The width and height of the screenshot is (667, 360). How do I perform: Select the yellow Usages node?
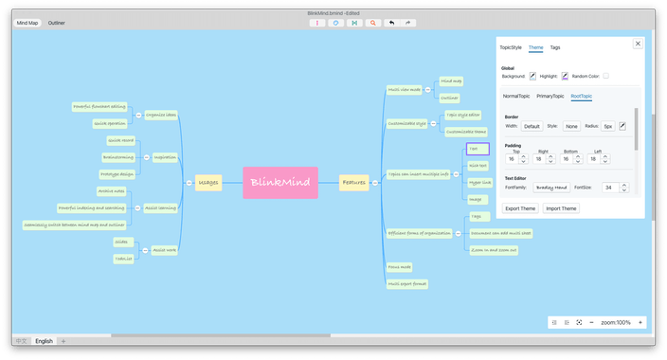pyautogui.click(x=208, y=182)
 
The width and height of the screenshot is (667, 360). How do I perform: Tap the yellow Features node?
pyautogui.click(x=353, y=182)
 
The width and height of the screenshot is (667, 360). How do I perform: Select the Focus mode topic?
pyautogui.click(x=400, y=268)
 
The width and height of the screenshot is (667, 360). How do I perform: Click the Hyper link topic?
pyautogui.click(x=480, y=182)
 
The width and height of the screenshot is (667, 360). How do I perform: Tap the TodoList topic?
pyautogui.click(x=123, y=258)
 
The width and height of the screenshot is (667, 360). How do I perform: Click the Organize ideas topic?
pyautogui.click(x=161, y=115)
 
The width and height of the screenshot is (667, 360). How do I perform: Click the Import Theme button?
pyautogui.click(x=561, y=208)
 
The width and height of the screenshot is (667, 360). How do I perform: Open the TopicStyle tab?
pyautogui.click(x=511, y=47)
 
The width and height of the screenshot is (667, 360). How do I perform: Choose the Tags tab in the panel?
pyautogui.click(x=555, y=47)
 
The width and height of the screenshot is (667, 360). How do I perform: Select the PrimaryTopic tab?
pyautogui.click(x=550, y=96)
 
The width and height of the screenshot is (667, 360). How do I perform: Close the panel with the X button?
pyautogui.click(x=638, y=44)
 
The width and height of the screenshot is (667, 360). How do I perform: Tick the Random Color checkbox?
pyautogui.click(x=606, y=76)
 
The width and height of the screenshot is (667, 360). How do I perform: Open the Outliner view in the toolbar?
pyautogui.click(x=57, y=21)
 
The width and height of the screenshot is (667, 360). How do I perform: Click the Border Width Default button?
pyautogui.click(x=532, y=126)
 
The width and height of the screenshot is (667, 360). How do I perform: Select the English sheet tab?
pyautogui.click(x=45, y=340)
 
